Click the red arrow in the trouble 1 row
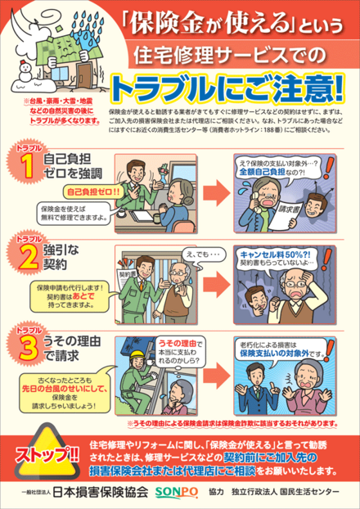(x=214, y=185)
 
